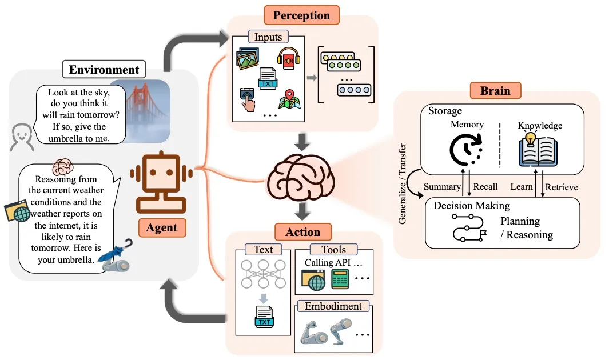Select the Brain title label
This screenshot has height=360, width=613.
[495, 91]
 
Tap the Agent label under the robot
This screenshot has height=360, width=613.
[162, 227]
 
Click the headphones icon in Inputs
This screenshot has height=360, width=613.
[289, 58]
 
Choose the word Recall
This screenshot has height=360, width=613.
[485, 187]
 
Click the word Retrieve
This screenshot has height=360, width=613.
[561, 187]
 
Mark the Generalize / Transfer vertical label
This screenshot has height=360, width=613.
[403, 183]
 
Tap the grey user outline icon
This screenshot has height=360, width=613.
[21, 138]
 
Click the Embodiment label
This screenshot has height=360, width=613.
[333, 306]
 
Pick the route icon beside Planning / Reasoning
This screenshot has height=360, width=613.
[465, 227]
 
